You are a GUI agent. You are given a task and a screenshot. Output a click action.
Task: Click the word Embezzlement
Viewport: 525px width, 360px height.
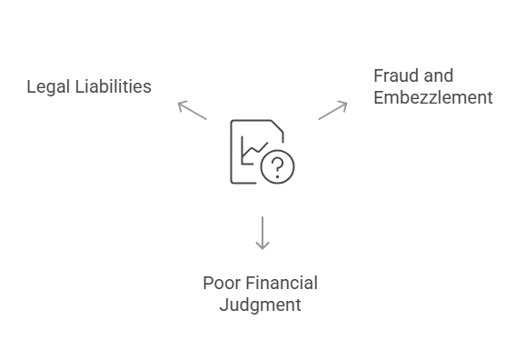tap(433, 97)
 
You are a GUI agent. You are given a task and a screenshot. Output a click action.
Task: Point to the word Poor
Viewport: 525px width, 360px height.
tap(221, 283)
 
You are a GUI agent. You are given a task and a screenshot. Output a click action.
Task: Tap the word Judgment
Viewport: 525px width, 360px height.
tap(260, 305)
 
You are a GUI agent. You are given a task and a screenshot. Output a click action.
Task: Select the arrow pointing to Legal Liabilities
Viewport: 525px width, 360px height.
tap(192, 109)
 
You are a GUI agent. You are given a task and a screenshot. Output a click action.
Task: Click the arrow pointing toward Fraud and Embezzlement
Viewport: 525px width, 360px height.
tap(332, 109)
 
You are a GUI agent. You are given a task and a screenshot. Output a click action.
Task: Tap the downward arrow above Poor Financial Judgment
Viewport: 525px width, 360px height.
tap(262, 232)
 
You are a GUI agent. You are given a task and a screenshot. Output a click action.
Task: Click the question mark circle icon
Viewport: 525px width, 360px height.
tap(277, 166)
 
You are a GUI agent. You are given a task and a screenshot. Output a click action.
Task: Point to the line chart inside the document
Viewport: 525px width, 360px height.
tap(252, 150)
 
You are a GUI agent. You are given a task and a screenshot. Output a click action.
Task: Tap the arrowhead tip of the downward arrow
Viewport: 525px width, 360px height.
tap(262, 247)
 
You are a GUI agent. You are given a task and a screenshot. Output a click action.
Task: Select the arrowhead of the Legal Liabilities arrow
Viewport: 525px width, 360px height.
tap(180, 104)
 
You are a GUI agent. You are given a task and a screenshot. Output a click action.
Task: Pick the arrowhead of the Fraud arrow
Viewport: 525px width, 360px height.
tap(344, 104)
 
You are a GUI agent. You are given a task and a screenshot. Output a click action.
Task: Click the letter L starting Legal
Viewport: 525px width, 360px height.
tap(31, 87)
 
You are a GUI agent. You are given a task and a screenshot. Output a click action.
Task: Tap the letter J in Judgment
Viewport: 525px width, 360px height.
tap(223, 305)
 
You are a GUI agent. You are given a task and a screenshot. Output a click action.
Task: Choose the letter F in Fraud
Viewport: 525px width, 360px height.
tap(379, 75)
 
